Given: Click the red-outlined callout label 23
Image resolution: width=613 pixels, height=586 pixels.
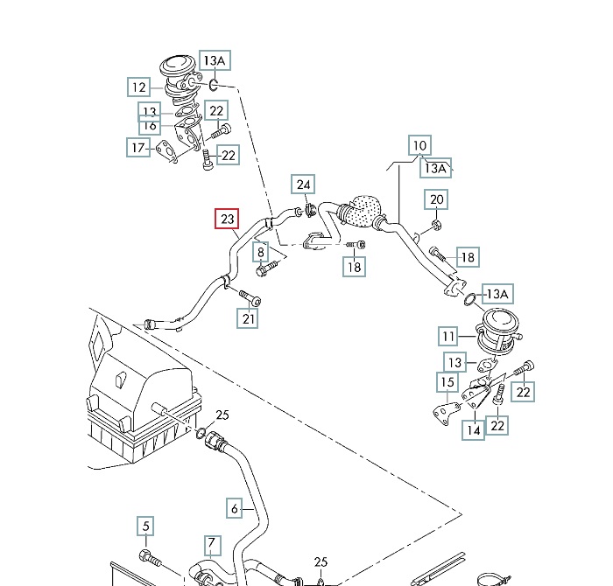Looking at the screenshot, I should (228, 219).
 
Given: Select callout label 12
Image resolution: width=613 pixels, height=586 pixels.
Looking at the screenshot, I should (138, 87).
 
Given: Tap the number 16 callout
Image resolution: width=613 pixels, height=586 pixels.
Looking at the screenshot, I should (151, 126).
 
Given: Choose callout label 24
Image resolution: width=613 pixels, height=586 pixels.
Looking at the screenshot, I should (303, 185).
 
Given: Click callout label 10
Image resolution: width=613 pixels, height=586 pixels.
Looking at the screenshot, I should (419, 145).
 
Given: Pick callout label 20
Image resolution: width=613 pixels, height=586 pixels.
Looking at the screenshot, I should (437, 200).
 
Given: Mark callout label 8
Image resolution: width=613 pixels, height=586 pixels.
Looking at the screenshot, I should (261, 253).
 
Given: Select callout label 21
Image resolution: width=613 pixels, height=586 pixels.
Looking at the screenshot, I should (249, 319).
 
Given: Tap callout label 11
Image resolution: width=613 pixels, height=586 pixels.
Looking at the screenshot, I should (448, 336).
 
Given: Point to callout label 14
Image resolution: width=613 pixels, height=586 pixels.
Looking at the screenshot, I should (474, 429).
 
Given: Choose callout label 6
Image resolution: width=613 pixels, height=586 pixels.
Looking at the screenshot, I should (234, 507).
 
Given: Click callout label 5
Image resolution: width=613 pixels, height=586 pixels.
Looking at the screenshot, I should (146, 527).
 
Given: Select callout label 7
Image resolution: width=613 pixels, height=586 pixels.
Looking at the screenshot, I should (211, 546).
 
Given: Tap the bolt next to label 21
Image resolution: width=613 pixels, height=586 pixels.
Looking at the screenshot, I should (249, 299).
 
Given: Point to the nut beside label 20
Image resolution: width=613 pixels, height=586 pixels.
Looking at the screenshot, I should (434, 227).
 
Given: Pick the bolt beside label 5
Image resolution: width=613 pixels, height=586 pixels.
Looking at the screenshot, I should (147, 556).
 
